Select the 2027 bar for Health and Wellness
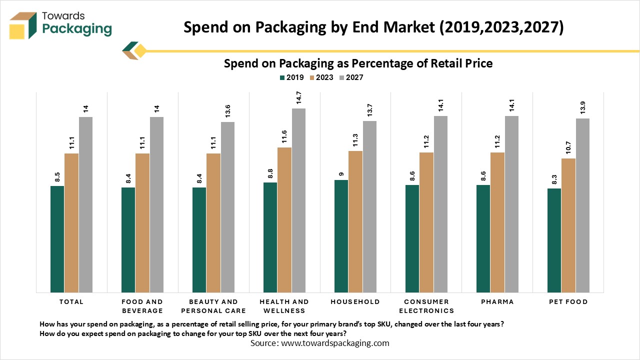[x=298, y=200]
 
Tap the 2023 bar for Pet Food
[x=568, y=225]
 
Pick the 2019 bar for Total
[x=57, y=239]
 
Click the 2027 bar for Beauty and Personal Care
[x=227, y=207]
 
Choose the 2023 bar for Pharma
[x=497, y=222]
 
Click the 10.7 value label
[x=568, y=148]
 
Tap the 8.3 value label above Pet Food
[x=554, y=178]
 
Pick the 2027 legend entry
[x=351, y=77]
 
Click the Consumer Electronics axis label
[x=426, y=306]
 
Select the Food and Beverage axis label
[x=142, y=306]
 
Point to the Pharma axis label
[x=497, y=302]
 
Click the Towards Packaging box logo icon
[x=23, y=25]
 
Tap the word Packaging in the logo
[x=77, y=29]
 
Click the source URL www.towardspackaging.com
[x=335, y=343]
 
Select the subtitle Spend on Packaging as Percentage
[x=358, y=63]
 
